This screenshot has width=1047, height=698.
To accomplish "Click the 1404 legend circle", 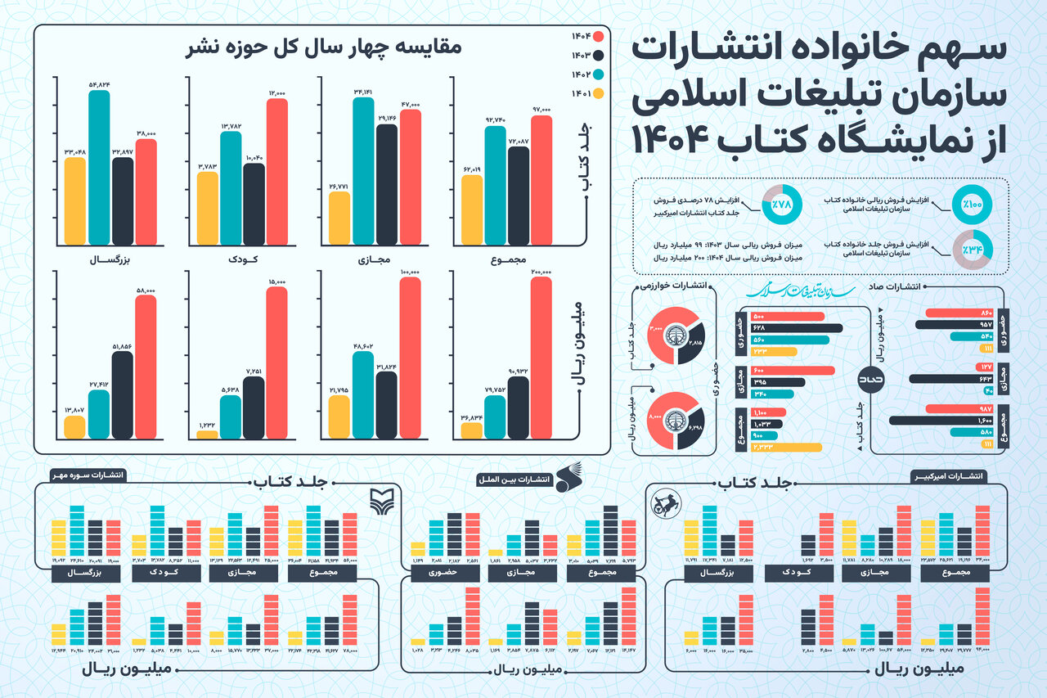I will pos(598,37).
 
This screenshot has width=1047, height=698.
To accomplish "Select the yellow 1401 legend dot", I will pos(598,94).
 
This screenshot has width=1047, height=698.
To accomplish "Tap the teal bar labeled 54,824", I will pos(98,168).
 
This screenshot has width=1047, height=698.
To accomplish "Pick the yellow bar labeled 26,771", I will pos(338,218).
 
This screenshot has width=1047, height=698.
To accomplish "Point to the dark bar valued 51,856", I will pos(122,394).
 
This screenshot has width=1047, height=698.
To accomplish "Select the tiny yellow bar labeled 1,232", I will pos(207,435).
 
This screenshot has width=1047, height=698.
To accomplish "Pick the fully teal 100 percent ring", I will pos(973,205).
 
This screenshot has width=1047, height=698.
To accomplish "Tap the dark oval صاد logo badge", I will pos(870,381).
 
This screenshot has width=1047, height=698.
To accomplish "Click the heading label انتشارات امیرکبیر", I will pos(949,475).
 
